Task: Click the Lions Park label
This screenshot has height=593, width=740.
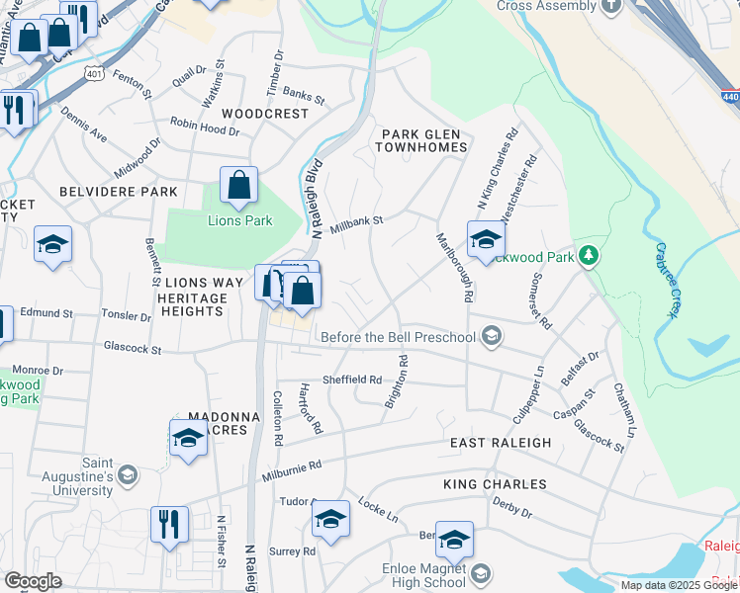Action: click(239, 220)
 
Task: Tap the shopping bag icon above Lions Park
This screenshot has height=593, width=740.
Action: click(238, 185)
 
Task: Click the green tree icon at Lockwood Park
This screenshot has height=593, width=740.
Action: click(589, 257)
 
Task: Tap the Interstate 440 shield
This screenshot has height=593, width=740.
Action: click(729, 98)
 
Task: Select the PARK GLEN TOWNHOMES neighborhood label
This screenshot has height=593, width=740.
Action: click(420, 139)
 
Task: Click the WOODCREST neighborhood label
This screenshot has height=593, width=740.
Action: click(265, 114)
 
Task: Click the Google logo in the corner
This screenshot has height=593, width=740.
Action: click(33, 581)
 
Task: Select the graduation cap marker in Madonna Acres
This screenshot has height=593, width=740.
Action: click(187, 439)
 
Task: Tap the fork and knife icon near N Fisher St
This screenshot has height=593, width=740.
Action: click(168, 523)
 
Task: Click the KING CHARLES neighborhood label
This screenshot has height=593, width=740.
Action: click(495, 484)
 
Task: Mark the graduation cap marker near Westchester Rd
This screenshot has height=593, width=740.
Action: click(486, 239)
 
